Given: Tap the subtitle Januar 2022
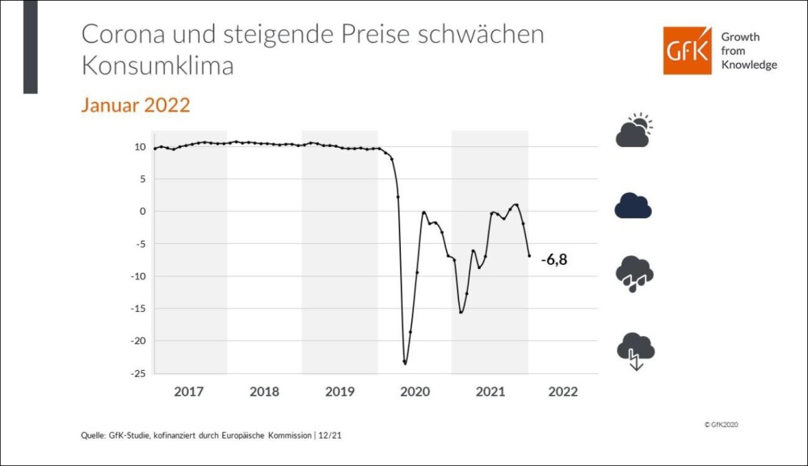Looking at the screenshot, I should point(135,105).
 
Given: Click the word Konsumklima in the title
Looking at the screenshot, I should point(158,65).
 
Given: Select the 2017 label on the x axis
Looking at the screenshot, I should point(188,392).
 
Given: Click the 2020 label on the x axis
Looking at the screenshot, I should point(415,392).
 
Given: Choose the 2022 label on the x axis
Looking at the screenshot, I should point(563,392).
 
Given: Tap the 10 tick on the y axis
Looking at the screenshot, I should point(138,147).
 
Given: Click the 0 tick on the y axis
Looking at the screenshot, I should point(141,212).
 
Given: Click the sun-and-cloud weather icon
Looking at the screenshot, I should point(633,131).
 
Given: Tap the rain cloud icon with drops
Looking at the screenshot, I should point(634,274).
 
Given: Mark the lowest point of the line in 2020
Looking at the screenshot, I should point(405,363).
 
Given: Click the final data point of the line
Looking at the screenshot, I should point(529,256).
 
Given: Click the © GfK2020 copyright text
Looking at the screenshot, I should point(722,424).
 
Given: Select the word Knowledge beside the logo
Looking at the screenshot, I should point(749,65).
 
